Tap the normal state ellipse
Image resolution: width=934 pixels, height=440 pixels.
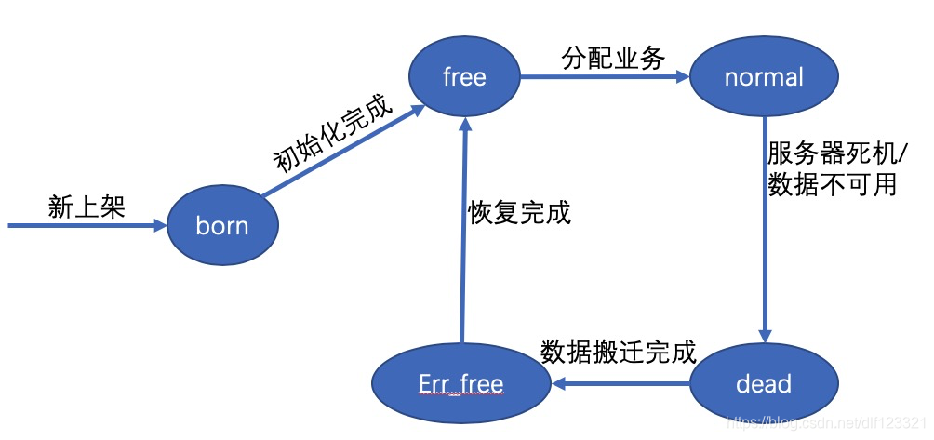pyautogui.click(x=764, y=77)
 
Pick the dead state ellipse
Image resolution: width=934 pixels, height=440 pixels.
pyautogui.click(x=764, y=383)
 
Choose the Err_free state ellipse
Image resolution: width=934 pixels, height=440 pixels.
pyautogui.click(x=460, y=383)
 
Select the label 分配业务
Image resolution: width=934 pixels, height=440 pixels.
pyautogui.click(x=613, y=58)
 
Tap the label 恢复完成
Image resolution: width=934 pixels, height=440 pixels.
pyautogui.click(x=518, y=212)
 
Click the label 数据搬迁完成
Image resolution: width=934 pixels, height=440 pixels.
pyautogui.click(x=618, y=352)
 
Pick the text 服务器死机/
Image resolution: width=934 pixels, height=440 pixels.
pyautogui.click(x=831, y=153)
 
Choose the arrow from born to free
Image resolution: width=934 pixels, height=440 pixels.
pyautogui.click(x=340, y=153)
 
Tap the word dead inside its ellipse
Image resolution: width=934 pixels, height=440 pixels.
pyautogui.click(x=764, y=383)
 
